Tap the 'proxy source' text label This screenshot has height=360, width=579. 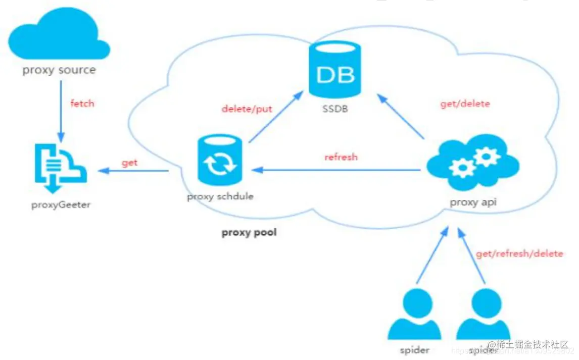click(59, 70)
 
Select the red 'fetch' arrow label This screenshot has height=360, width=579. click(82, 104)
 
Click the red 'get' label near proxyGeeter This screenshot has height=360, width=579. click(129, 163)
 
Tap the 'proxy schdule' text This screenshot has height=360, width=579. click(220, 196)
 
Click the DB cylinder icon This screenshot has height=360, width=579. click(335, 71)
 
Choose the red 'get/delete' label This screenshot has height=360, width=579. click(465, 104)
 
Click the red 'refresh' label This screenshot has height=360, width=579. click(341, 157)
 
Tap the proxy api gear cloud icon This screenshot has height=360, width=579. click(473, 162)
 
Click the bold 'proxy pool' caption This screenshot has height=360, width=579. click(250, 233)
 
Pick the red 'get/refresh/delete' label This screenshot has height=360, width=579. click(519, 253)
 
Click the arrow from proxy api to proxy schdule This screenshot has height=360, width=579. click(339, 171)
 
